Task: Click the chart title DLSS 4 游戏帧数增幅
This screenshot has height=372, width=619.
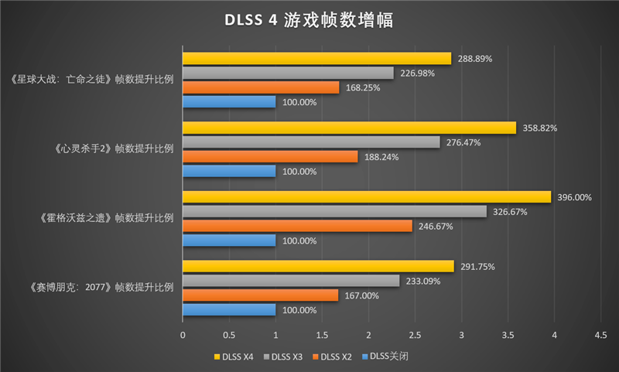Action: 309,20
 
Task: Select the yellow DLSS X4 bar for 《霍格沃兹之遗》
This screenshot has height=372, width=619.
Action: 367,197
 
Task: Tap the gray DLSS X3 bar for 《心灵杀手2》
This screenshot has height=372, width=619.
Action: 311,142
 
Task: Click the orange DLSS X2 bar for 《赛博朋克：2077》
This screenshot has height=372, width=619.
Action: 260,295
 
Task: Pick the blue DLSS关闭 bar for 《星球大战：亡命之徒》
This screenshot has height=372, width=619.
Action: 229,102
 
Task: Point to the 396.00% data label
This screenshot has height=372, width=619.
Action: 574,197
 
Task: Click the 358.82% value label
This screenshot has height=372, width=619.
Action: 539,128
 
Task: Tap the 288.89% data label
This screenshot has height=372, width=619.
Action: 474,58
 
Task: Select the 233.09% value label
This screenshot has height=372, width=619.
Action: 422,281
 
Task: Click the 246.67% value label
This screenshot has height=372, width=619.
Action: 436,226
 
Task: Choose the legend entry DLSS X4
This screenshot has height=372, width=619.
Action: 234,357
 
